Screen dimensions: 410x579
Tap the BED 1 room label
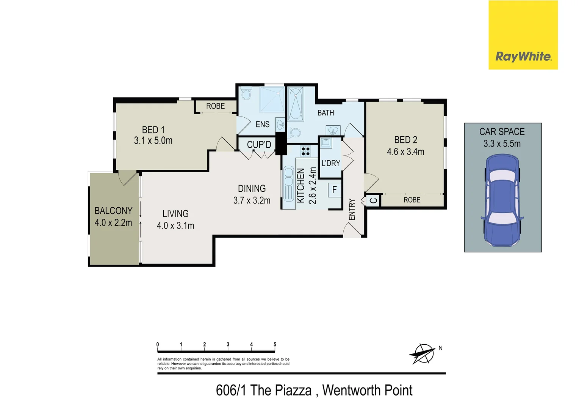click(x=153, y=130)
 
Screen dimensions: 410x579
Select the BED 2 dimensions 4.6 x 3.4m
click(x=405, y=152)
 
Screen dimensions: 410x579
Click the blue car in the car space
click(x=502, y=200)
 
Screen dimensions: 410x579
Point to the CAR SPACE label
click(x=502, y=132)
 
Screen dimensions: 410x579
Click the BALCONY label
click(x=113, y=211)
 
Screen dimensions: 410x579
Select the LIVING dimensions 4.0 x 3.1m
click(x=175, y=225)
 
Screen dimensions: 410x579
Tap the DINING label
click(x=252, y=188)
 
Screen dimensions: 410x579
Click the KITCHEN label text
click(x=300, y=185)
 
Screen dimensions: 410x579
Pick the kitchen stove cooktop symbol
click(x=305, y=151)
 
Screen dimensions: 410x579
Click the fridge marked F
click(x=335, y=189)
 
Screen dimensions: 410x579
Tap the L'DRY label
click(x=331, y=163)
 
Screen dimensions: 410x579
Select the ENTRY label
click(x=352, y=209)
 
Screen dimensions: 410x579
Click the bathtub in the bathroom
click(x=296, y=104)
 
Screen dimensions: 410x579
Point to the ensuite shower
click(x=272, y=99)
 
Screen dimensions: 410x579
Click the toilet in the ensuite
click(x=246, y=94)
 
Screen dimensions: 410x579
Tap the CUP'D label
click(x=259, y=145)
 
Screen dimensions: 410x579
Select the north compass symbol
click(x=422, y=354)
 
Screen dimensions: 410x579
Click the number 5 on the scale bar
click(x=275, y=345)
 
